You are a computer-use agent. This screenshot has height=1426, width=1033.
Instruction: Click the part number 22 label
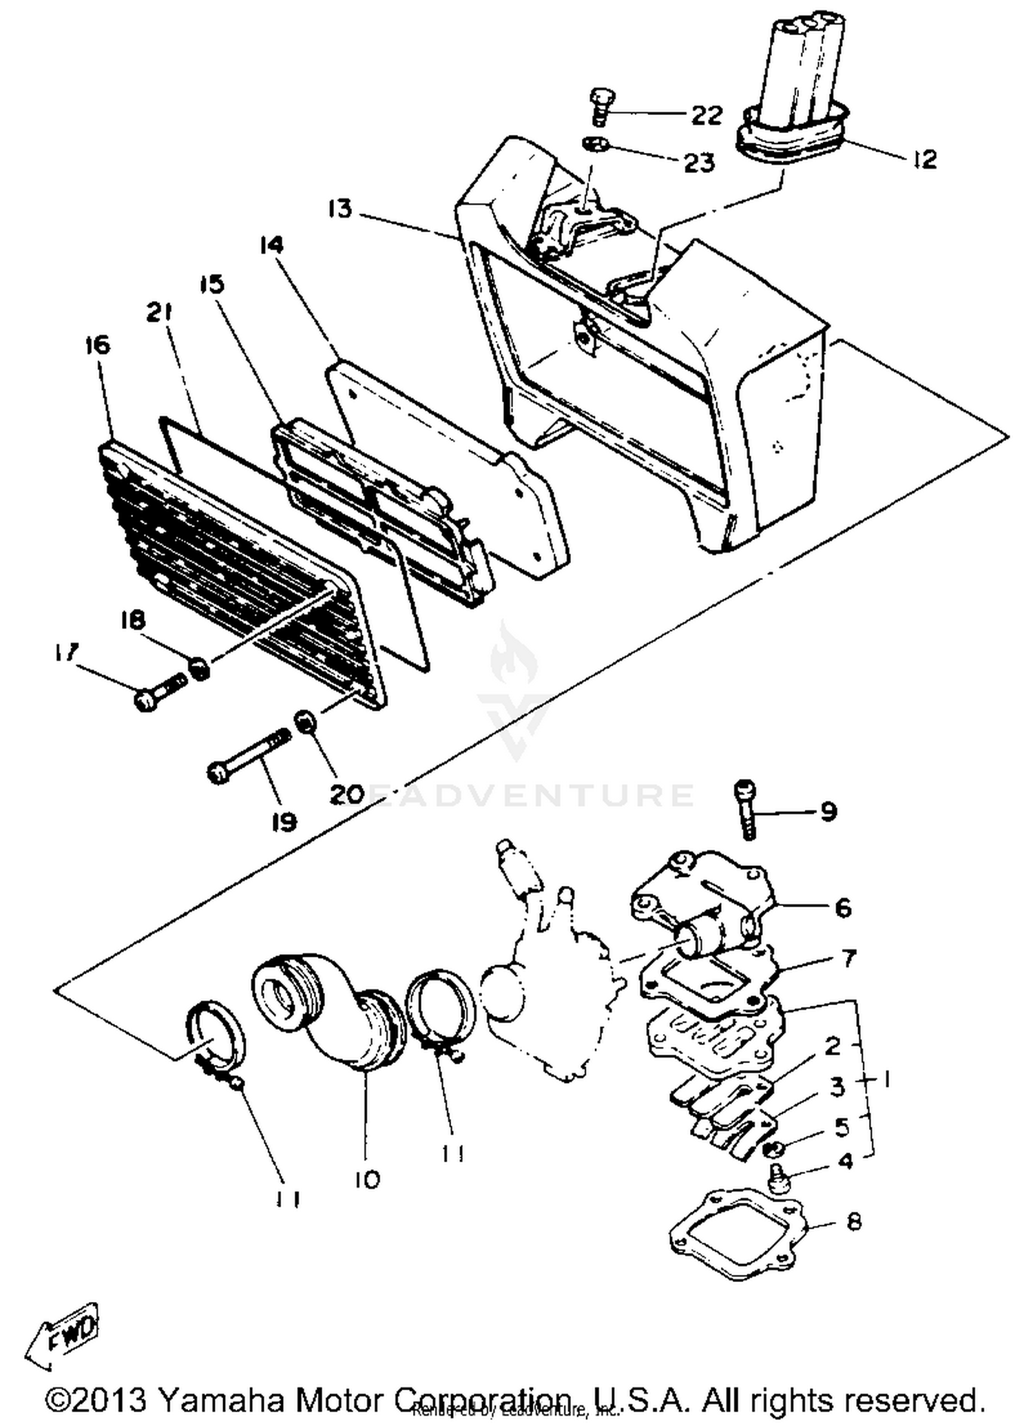707,115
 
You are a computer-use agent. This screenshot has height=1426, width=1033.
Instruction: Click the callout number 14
272,245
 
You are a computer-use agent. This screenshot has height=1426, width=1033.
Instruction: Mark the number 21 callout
158,313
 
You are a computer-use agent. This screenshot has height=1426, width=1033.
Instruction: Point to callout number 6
843,908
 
